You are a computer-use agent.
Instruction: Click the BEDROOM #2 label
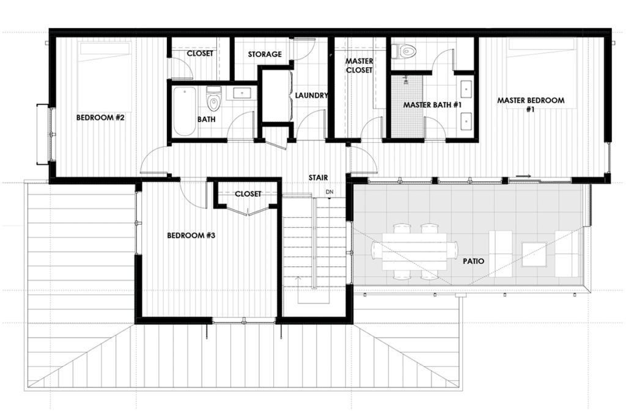[x=100, y=117]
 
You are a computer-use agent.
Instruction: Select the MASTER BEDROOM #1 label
[x=530, y=104]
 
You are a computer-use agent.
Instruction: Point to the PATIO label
[x=473, y=261]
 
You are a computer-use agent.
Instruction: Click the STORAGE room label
[x=265, y=54]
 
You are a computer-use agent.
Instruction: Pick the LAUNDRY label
[x=311, y=95]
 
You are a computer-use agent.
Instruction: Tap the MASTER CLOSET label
[x=359, y=65]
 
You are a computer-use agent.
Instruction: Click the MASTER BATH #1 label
[x=432, y=105]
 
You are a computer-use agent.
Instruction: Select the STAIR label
[x=318, y=178]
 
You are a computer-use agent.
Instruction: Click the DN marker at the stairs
[x=329, y=193]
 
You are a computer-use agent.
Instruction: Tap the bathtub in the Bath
[x=184, y=112]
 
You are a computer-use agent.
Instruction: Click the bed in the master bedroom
[x=541, y=67]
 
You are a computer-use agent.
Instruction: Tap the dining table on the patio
[x=414, y=250]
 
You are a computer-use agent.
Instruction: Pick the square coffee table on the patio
[x=534, y=254]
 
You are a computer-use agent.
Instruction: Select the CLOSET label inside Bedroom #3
[x=248, y=194]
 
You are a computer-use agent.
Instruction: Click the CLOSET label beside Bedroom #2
[x=200, y=54]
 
